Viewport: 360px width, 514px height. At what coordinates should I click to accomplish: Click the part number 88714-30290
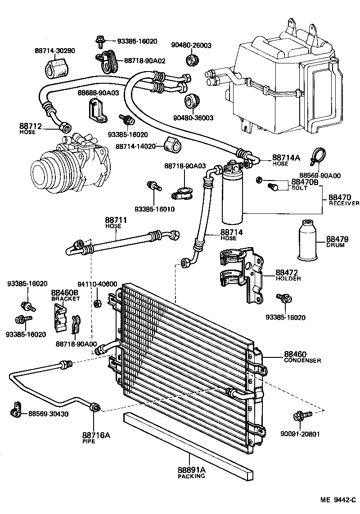point(55,51)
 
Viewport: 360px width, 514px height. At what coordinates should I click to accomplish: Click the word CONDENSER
point(302,361)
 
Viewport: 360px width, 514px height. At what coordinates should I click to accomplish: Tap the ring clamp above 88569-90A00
point(318,156)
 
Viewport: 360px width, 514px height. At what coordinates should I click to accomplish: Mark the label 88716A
point(96,435)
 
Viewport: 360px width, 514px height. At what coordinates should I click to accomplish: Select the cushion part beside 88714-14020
point(173,144)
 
